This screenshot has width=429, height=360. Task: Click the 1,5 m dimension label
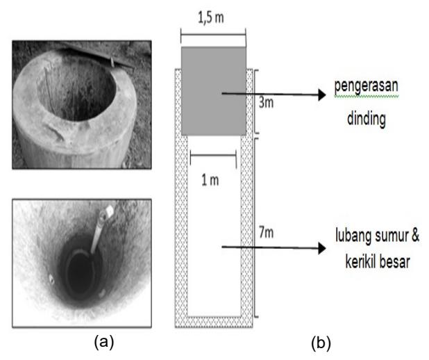click(x=210, y=17)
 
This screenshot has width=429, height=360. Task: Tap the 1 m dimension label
click(x=210, y=180)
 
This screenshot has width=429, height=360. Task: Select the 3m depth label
click(x=266, y=103)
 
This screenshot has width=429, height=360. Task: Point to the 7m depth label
click(x=266, y=233)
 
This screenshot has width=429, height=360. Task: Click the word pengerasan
click(x=366, y=86)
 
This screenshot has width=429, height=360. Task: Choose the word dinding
click(x=367, y=119)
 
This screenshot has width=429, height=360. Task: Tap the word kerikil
click(x=361, y=261)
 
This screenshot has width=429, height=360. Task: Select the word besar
click(x=395, y=262)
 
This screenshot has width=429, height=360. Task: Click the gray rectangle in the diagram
click(x=214, y=91)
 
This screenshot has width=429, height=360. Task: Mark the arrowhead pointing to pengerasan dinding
click(x=322, y=95)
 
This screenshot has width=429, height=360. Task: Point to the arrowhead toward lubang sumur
click(x=322, y=248)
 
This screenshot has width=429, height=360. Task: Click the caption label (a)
click(x=104, y=342)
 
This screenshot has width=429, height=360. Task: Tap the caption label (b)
click(x=321, y=343)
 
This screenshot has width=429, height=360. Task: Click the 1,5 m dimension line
click(x=213, y=35)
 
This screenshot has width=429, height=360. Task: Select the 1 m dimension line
click(x=213, y=156)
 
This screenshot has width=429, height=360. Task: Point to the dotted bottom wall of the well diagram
click(x=214, y=322)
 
